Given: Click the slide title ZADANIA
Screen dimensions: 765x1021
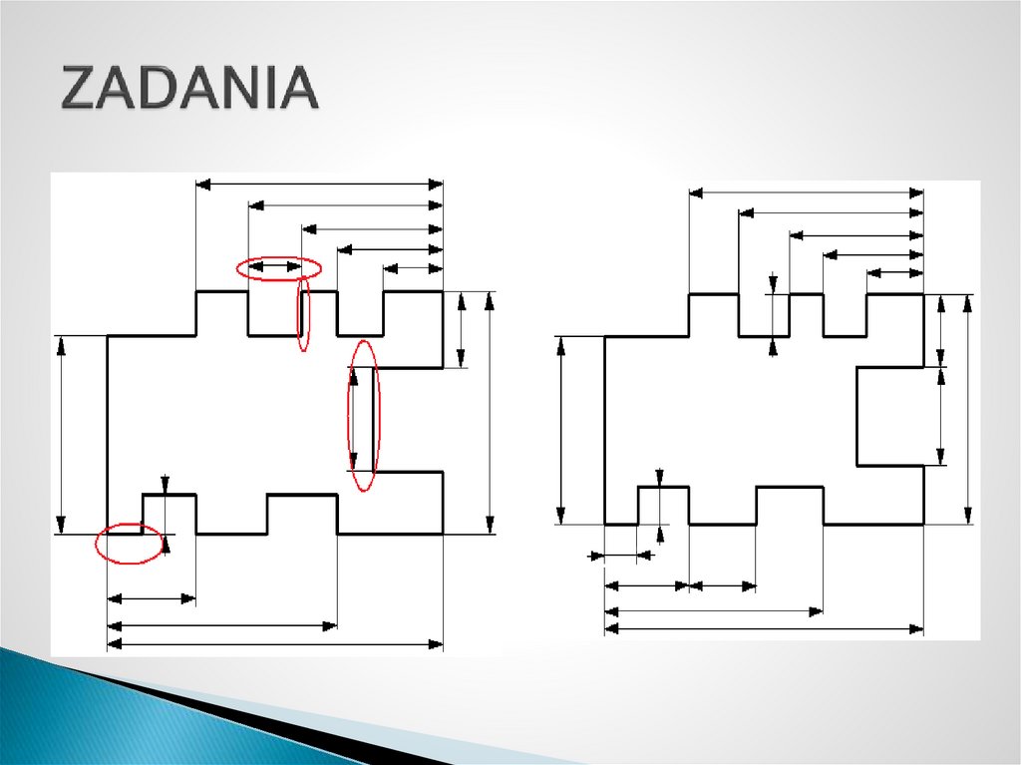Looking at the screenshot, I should click(189, 90).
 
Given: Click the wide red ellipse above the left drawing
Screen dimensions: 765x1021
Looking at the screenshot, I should click(279, 267).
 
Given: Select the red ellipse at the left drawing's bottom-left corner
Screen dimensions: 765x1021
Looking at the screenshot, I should click(130, 544).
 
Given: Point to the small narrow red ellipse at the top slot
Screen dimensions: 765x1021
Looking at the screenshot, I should click(302, 314).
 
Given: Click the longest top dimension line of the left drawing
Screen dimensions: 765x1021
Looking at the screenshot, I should click(319, 185).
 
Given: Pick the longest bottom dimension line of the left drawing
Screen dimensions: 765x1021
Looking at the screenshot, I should click(274, 644).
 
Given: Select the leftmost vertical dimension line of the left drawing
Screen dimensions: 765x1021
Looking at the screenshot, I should click(62, 435).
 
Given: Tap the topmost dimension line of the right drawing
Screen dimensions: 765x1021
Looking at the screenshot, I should click(806, 191).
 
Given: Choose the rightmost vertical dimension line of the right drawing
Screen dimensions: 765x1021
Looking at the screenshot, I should click(968, 409).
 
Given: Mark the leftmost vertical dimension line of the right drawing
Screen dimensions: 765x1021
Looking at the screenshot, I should click(560, 430).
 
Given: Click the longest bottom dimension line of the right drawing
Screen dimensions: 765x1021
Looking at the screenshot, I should click(764, 629).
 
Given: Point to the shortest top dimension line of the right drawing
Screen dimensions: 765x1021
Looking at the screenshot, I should click(894, 272).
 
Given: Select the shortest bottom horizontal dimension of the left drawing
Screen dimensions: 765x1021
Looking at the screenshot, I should click(151, 598).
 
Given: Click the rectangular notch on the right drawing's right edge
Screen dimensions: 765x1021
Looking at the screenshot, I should click(889, 415).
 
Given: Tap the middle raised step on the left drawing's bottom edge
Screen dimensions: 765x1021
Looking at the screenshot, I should click(302, 513).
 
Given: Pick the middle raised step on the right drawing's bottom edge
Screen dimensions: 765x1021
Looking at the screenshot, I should click(790, 504).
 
